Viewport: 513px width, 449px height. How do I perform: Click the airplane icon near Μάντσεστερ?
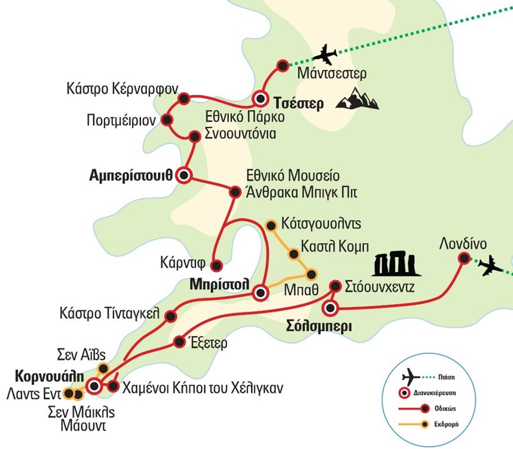pyautogui.click(x=326, y=55)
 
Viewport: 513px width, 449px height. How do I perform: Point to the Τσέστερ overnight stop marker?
pyautogui.click(x=260, y=99)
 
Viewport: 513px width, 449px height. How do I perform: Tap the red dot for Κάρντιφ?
pyautogui.click(x=216, y=264)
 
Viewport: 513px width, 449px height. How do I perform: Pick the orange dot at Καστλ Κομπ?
pyautogui.click(x=294, y=254)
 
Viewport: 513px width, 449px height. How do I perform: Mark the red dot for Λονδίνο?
pyautogui.click(x=463, y=258)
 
